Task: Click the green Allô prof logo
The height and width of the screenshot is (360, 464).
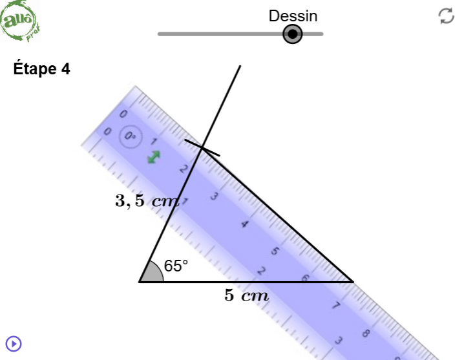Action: click(20, 21)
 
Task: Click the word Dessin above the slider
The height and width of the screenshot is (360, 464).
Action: click(293, 16)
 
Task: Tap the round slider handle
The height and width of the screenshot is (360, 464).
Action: click(292, 34)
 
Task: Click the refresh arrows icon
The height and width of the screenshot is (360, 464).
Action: click(447, 16)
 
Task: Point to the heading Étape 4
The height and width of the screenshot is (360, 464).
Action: click(42, 69)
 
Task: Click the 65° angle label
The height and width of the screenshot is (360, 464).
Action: click(176, 266)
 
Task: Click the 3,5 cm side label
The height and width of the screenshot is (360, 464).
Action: click(147, 201)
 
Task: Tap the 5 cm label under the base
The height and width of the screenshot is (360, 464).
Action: click(246, 295)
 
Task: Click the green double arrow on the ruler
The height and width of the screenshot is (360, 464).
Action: click(154, 157)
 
